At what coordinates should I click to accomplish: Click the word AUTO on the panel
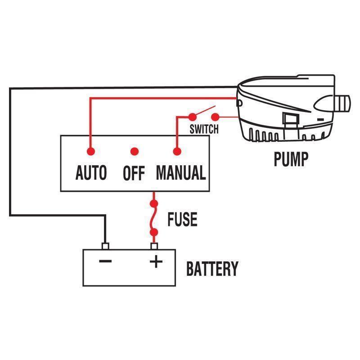pos(91,173)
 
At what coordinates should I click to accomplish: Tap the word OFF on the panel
pos(134,173)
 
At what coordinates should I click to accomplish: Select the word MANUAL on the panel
pos(181,173)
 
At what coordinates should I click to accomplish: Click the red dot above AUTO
pos(91,152)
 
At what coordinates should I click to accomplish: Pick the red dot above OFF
pos(134,152)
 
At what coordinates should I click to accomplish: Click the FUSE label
pos(182,219)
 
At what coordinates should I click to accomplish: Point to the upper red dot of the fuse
pos(154,204)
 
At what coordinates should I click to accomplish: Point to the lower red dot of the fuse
pos(154,233)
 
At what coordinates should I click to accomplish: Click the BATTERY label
pos(212,269)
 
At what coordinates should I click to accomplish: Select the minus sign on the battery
pos(105,261)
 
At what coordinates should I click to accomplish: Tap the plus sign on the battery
pos(156,261)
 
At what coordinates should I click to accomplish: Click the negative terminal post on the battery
pos(105,246)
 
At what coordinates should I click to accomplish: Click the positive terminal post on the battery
pos(154,246)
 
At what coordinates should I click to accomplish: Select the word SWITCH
pos(204,130)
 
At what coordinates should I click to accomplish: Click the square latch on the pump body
pos(290,119)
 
